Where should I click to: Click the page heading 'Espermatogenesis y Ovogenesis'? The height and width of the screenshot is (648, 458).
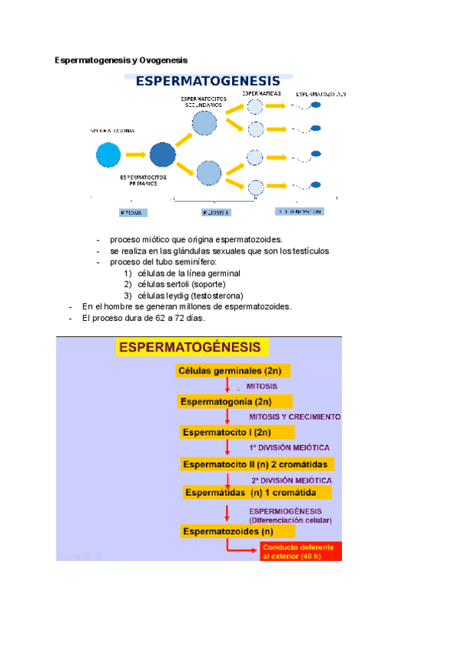(121, 60)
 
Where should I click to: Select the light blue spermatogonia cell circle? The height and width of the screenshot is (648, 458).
(108, 155)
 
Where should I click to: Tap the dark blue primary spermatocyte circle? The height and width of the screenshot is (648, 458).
(163, 155)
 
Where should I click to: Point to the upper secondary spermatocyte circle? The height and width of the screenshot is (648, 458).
(205, 122)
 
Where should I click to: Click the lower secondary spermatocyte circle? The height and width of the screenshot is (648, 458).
(208, 173)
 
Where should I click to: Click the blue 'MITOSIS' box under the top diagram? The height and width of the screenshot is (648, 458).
(132, 212)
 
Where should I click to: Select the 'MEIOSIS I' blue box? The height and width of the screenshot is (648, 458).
(216, 212)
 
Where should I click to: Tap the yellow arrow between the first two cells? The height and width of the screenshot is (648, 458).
(135, 155)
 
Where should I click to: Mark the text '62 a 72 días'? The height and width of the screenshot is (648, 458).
(179, 318)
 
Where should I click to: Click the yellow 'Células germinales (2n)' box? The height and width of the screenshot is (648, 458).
(231, 371)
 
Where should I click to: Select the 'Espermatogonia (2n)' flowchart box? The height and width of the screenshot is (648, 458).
(236, 401)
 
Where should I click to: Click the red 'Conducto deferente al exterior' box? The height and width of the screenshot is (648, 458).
(302, 552)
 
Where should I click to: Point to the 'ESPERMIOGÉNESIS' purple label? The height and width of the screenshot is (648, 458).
(285, 511)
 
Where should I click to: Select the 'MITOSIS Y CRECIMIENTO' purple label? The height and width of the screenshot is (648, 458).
(295, 417)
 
